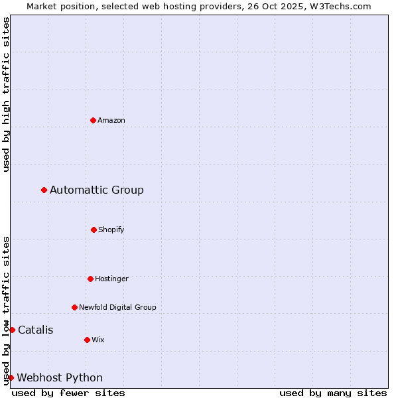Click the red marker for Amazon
(93, 120)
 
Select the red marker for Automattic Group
(44, 190)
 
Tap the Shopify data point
(94, 230)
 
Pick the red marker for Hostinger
(90, 279)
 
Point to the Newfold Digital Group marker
(74, 307)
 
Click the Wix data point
(87, 340)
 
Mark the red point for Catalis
(12, 330)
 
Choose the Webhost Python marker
(11, 377)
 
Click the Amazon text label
(111, 120)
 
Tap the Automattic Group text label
(97, 190)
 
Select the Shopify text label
(111, 230)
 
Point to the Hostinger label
(111, 279)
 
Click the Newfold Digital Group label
(117, 307)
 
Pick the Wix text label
(98, 340)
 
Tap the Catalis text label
(36, 330)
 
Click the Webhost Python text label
(60, 377)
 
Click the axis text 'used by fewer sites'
(68, 393)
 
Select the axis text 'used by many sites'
(333, 393)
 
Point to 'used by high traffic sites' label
(6, 94)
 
